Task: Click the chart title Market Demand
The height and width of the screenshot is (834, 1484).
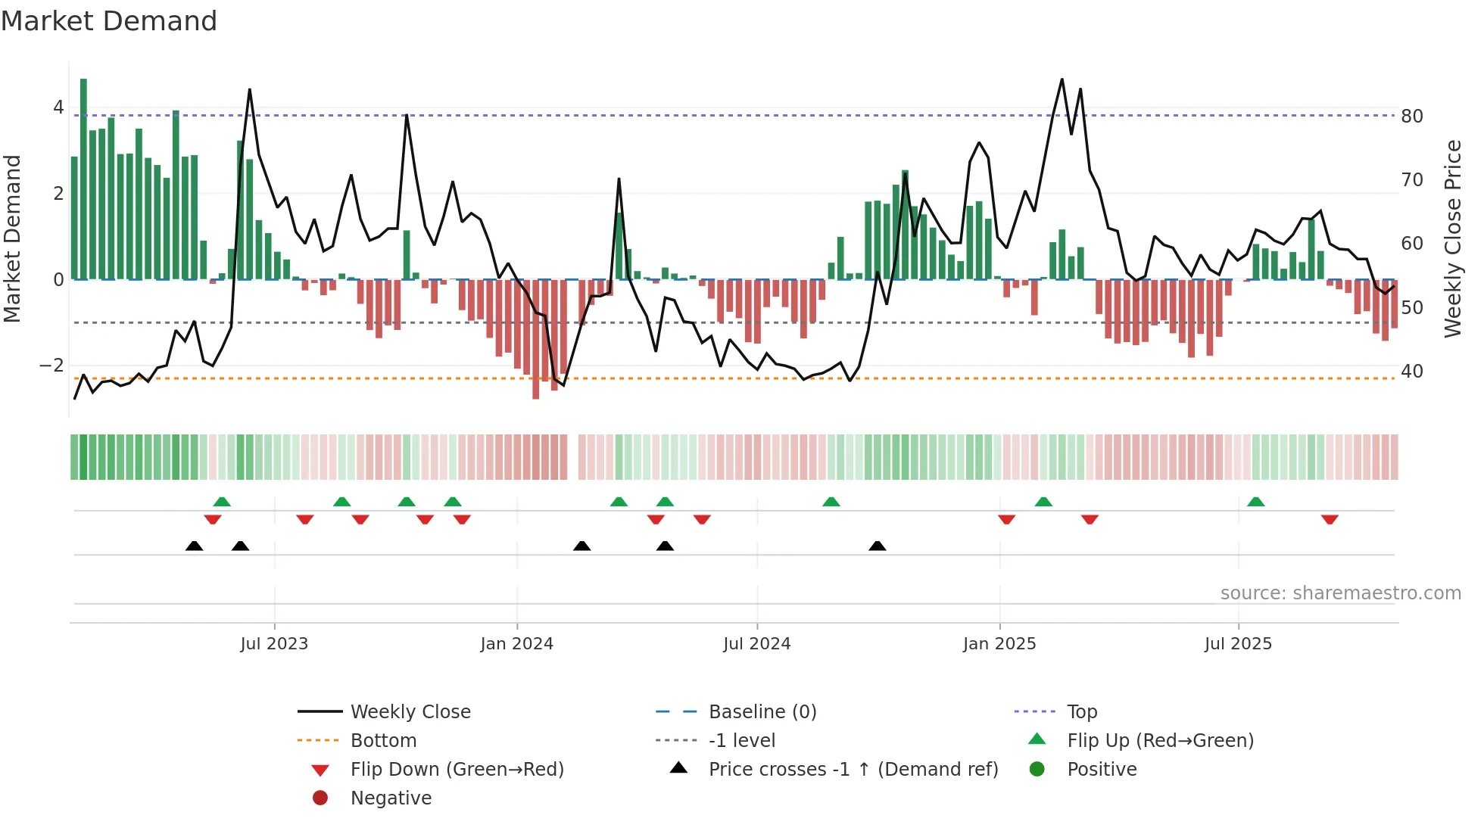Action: [109, 21]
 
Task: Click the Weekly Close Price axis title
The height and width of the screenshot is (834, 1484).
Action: [1452, 238]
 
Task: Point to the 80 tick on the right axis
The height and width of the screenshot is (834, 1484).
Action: [1411, 117]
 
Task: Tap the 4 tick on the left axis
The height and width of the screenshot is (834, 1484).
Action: [58, 107]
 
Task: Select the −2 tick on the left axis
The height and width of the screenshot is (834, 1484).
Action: [52, 366]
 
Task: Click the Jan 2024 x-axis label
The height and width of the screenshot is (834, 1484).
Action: [516, 644]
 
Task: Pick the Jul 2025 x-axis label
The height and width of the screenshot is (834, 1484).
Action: [1238, 644]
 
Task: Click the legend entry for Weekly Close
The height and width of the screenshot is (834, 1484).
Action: [410, 712]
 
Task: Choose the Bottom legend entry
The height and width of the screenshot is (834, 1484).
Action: [383, 741]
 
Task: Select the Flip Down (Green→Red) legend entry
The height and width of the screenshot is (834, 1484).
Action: [457, 770]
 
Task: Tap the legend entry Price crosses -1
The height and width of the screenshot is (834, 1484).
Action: [853, 770]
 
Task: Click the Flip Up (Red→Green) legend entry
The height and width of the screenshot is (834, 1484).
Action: [1160, 741]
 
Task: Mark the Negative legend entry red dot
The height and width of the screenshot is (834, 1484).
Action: [320, 798]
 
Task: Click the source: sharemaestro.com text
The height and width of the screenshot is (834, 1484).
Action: [1340, 593]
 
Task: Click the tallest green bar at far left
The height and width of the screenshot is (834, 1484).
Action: [83, 179]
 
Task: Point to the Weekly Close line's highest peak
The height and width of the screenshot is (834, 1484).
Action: [1062, 80]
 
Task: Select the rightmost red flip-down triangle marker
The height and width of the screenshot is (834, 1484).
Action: [1330, 519]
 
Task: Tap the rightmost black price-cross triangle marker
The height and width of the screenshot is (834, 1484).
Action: [877, 546]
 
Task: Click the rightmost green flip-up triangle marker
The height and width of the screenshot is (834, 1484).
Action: [1255, 502]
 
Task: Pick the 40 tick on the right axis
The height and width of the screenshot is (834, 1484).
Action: [1411, 372]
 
